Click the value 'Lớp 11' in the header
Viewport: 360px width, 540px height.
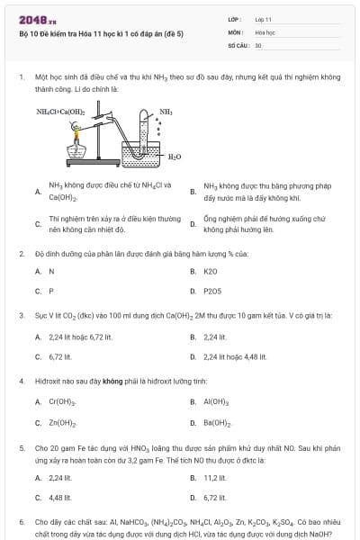tap(263, 18)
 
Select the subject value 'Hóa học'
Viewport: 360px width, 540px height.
tap(264, 31)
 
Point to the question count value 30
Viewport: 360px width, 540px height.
tap(258, 44)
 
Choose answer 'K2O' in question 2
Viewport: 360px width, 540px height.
tap(211, 271)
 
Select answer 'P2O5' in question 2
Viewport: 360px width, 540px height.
tap(212, 291)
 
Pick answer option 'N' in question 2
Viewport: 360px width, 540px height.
tap(51, 271)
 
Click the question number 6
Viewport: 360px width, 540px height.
tap(22, 521)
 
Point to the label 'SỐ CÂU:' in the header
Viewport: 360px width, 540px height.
tap(238, 44)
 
